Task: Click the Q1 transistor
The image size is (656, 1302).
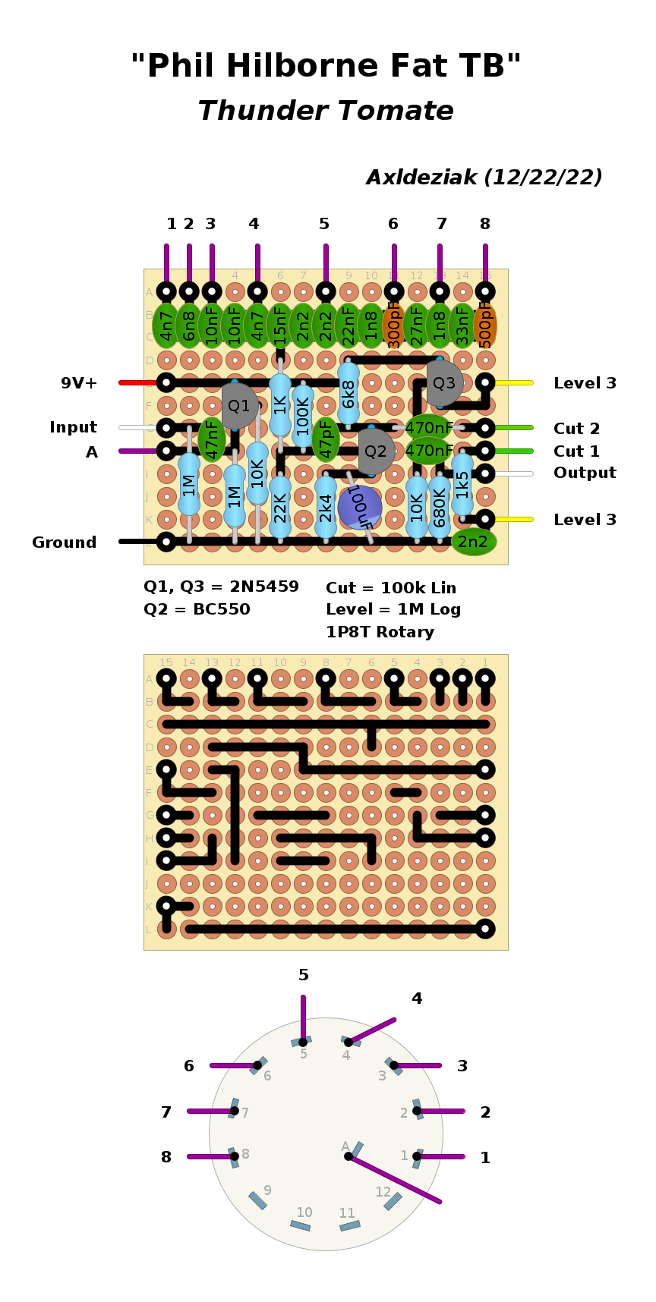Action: tap(238, 405)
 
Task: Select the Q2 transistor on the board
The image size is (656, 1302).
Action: tap(375, 451)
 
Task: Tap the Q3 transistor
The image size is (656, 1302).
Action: tap(444, 383)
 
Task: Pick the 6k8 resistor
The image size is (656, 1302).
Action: tap(348, 394)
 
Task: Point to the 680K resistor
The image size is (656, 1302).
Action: tap(440, 507)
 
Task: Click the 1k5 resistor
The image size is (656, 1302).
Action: tap(462, 484)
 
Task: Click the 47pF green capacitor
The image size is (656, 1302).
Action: tap(326, 439)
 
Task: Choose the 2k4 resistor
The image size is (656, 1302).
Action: tap(326, 507)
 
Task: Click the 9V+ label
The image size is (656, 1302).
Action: tap(79, 383)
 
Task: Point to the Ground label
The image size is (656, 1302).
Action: tap(65, 542)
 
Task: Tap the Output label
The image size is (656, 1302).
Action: tap(585, 473)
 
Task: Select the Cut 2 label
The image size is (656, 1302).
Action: tap(576, 429)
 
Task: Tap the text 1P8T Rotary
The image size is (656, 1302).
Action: tap(380, 632)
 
